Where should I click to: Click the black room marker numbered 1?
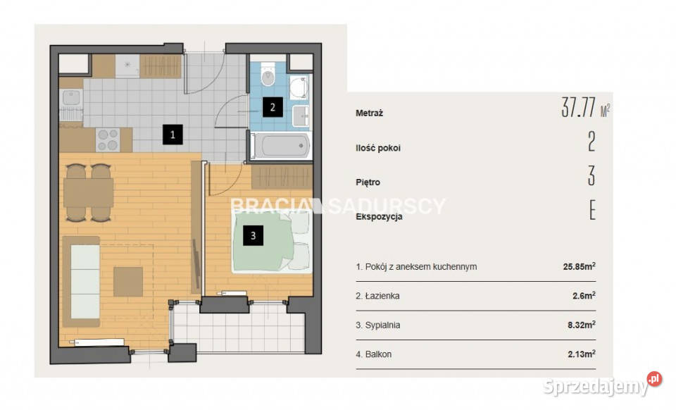point(173,135)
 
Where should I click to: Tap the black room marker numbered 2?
point(273,107)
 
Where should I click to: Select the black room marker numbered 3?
point(253,235)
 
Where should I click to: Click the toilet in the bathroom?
point(268,75)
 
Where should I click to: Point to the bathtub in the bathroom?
point(280,146)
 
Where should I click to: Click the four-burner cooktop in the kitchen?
point(108,139)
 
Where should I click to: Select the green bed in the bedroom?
point(270,242)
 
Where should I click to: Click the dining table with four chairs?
point(89,193)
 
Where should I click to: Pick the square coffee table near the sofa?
point(128,282)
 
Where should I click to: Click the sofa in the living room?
point(82,281)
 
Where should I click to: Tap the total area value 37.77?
point(579,108)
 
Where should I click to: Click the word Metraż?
point(370,113)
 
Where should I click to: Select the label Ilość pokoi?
point(378,148)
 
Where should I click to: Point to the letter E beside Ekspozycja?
point(592,211)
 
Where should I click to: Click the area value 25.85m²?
point(580,266)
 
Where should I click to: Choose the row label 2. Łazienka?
point(377,296)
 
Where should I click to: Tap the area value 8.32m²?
point(582,325)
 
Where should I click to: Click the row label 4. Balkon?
point(374,354)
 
